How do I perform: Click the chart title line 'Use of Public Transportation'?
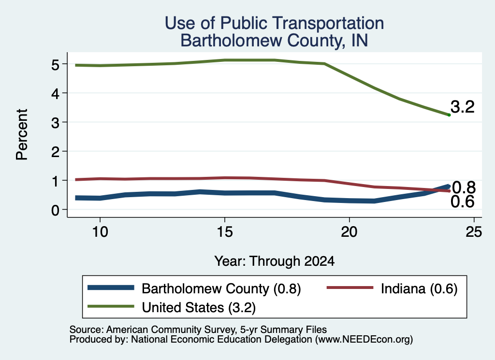275,23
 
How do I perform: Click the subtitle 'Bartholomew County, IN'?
275,41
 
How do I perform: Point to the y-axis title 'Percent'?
22,134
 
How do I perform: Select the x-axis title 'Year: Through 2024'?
275,261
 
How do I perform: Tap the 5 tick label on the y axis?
55,65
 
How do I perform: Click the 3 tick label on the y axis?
55,123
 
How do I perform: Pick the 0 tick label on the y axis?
55,210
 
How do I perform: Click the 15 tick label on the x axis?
225,232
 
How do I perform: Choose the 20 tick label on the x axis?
349,232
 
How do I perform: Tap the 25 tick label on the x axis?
474,232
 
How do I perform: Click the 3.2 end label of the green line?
463,107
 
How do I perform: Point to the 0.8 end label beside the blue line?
464,187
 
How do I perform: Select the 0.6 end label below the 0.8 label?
463,202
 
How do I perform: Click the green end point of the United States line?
449,115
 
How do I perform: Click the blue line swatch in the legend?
111,288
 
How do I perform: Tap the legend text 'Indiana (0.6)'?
419,288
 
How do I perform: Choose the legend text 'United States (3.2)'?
199,307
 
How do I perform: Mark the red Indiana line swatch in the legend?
350,288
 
